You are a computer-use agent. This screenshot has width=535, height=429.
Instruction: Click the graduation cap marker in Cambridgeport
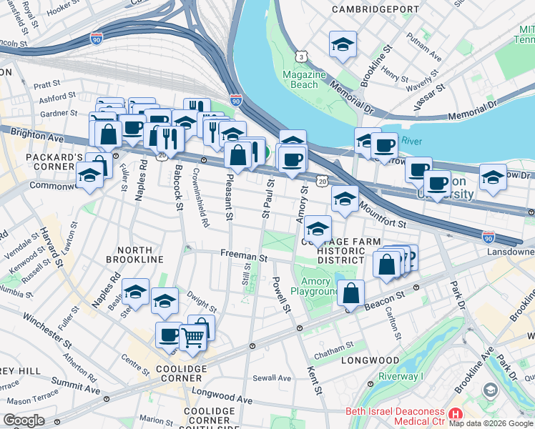(343, 45)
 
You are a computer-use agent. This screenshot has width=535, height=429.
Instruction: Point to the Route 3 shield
(303, 56)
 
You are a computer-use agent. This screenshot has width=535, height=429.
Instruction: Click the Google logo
(24, 420)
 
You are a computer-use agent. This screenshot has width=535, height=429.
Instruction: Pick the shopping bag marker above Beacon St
(351, 293)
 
